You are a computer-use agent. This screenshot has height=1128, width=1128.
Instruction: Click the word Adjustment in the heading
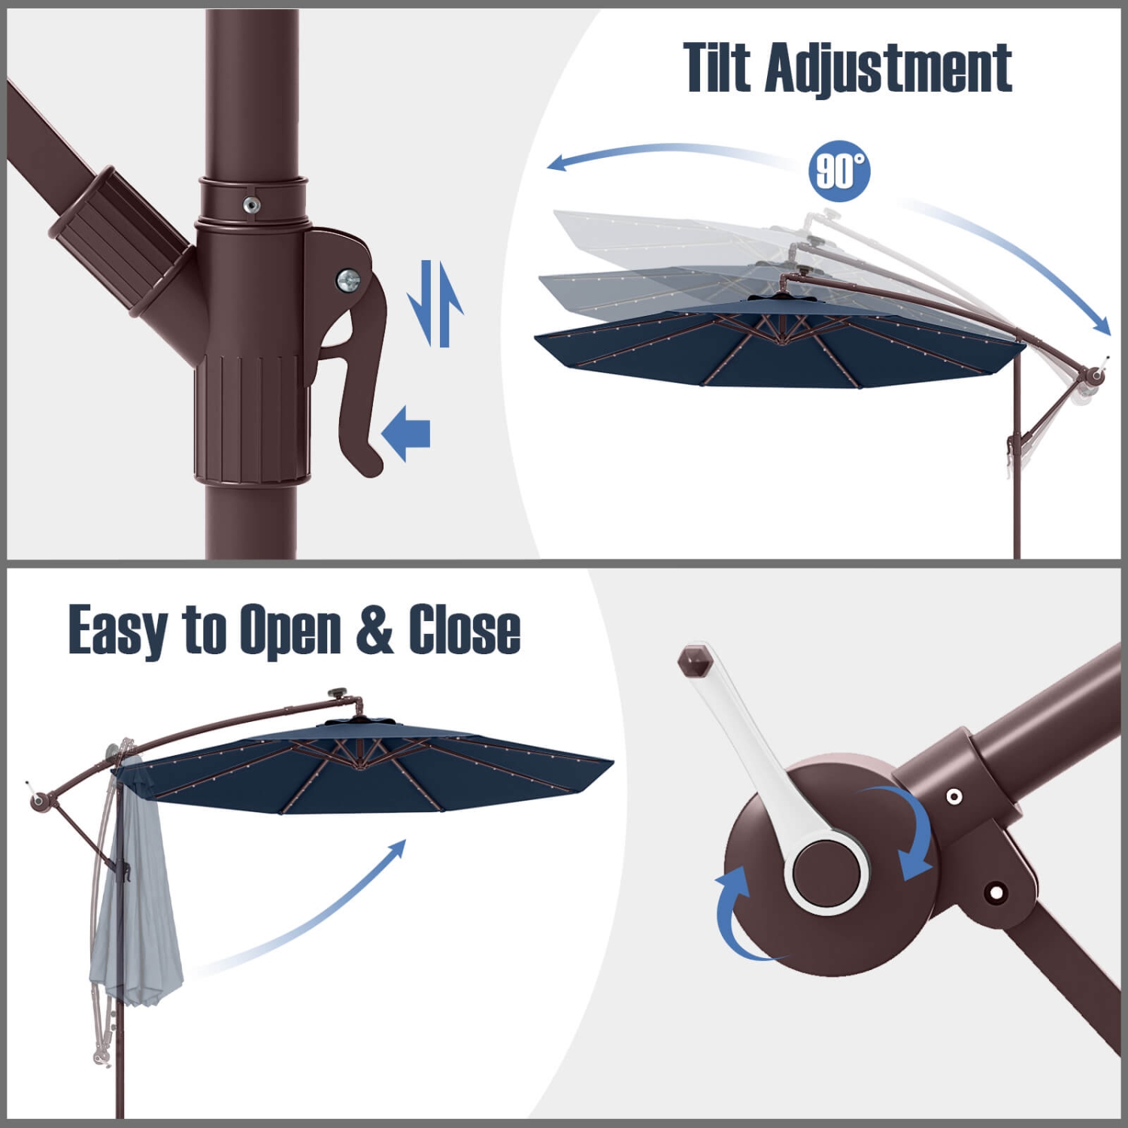889,69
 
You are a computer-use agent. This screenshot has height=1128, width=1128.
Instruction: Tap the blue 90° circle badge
839,171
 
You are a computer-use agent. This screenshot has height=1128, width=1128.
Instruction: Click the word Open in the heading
290,630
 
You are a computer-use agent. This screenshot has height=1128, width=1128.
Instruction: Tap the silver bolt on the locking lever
348,280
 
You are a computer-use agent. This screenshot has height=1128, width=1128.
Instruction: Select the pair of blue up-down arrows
435,304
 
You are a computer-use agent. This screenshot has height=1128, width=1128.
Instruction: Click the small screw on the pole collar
252,204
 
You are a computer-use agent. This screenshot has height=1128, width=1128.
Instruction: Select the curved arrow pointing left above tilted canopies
662,154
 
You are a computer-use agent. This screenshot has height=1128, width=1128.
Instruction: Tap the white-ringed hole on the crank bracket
954,796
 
